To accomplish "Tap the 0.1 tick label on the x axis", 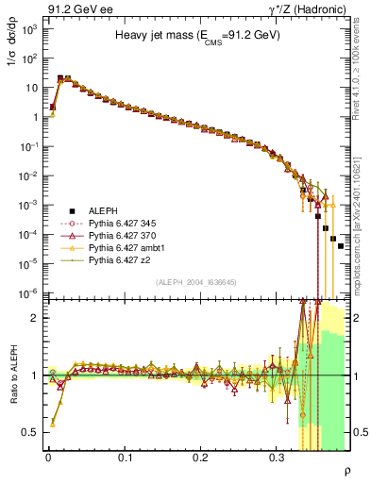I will coord(125,458).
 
